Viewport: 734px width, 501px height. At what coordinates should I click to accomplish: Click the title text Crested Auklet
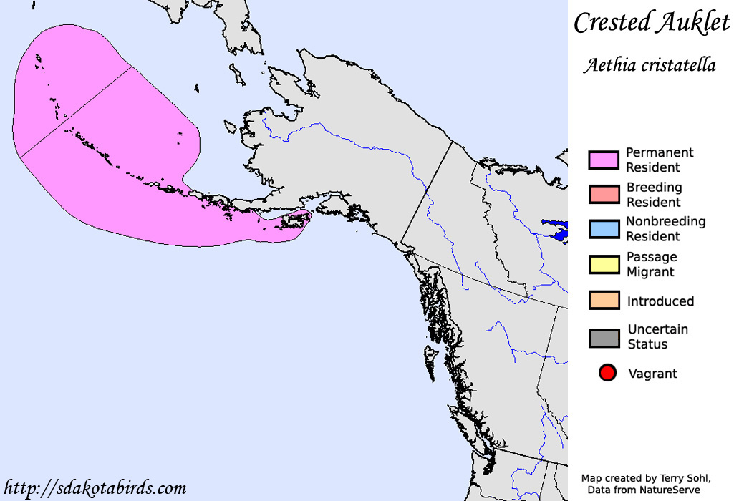(652, 23)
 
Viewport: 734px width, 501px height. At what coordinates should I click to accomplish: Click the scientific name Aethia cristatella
(650, 66)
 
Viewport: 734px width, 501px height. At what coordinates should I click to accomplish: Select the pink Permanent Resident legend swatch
(604, 160)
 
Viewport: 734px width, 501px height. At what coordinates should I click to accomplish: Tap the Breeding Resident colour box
(604, 195)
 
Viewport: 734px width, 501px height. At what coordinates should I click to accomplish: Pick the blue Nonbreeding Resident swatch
(604, 229)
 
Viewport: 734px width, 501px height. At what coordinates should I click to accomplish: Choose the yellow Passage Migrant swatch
(604, 264)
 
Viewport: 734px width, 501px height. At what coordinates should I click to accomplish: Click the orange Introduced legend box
(604, 301)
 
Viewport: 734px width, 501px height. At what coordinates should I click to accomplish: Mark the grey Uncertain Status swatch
(604, 337)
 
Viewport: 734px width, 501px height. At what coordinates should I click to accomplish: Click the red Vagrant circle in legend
(607, 373)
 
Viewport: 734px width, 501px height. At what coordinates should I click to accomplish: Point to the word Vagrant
(652, 374)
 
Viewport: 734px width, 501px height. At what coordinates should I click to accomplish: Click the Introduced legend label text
(660, 301)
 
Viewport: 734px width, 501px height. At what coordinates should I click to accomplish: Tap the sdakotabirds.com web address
(95, 489)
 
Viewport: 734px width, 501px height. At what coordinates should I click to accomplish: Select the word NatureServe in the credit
(671, 490)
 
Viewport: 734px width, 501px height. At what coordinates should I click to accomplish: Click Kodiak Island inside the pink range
(295, 223)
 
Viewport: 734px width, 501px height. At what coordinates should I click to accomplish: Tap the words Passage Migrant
(651, 264)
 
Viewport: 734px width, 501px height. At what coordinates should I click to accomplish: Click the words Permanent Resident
(659, 160)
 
